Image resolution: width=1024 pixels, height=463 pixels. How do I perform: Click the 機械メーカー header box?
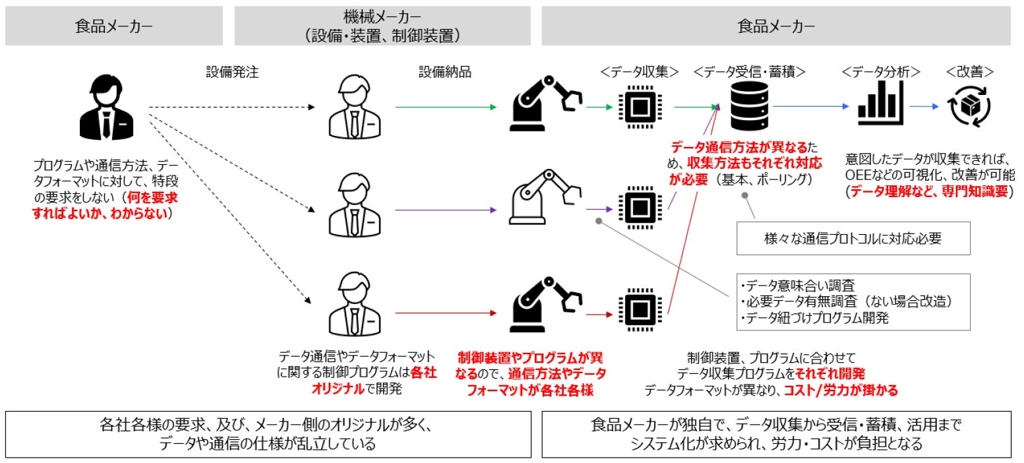[382, 26]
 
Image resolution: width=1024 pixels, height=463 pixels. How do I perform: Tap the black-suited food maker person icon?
[107, 107]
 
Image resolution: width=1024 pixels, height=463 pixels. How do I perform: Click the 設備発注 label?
[232, 72]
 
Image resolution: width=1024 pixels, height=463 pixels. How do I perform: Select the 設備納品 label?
[445, 72]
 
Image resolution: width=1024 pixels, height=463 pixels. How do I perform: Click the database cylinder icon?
[749, 106]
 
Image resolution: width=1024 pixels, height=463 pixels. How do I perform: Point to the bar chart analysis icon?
[880, 103]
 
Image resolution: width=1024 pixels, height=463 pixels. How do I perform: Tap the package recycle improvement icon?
[969, 106]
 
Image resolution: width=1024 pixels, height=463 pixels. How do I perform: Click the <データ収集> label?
[640, 72]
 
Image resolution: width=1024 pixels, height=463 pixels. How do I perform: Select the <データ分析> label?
[881, 72]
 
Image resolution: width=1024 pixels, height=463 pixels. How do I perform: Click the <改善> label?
[969, 72]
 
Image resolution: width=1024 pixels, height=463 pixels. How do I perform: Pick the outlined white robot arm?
[545, 197]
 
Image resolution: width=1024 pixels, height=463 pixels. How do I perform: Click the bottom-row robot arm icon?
[545, 305]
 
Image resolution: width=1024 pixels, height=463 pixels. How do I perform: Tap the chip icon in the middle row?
[640, 208]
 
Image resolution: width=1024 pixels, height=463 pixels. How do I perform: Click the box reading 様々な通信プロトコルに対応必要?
[853, 239]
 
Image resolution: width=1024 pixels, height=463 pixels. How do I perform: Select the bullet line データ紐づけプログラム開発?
[814, 318]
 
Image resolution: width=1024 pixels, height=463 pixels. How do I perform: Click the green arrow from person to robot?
[446, 107]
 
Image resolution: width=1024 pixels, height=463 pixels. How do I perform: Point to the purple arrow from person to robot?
[446, 210]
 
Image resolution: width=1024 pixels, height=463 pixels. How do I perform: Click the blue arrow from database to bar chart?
[811, 106]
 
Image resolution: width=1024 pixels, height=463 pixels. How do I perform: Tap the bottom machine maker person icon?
[355, 305]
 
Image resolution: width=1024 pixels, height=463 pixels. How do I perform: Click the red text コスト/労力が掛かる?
[841, 390]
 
